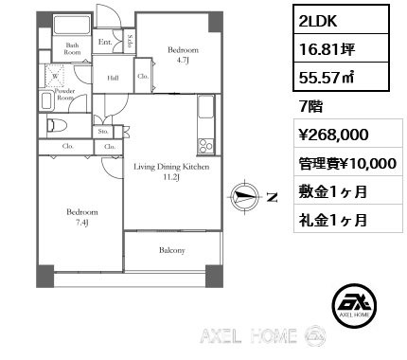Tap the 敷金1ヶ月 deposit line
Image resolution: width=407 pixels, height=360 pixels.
coord(327,194)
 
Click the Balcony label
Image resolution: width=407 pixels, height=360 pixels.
coord(170,250)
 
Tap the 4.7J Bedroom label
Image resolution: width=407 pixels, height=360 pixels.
coord(182,54)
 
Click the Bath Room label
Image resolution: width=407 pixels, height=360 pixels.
coord(72,48)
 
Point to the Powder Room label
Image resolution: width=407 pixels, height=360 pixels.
coord(65,93)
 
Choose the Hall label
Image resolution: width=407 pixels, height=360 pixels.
coord(113,79)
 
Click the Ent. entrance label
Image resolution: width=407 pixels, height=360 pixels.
coord(106,42)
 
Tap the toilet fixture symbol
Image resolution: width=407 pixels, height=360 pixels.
coord(55,124)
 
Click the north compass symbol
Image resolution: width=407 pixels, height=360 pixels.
coord(249,197)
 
